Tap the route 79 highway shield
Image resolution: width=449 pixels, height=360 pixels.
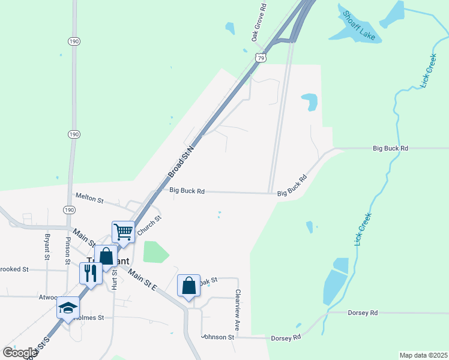[x=259, y=58]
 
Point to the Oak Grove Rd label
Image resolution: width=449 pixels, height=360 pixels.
[x=259, y=22]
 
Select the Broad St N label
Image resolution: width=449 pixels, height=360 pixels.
[x=181, y=160]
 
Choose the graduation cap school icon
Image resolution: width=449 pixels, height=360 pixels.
[x=68, y=308]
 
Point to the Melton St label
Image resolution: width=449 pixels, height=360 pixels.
[x=89, y=197]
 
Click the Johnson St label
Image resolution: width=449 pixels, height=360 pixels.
[x=218, y=337]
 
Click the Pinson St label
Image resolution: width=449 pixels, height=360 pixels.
[x=68, y=250]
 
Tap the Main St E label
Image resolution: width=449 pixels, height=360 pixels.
[x=142, y=280]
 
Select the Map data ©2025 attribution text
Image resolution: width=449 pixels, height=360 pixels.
[x=423, y=355]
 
